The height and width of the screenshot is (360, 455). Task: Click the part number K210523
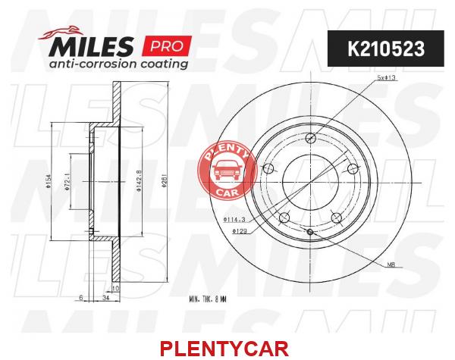386,49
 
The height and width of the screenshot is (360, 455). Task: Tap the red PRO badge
167,46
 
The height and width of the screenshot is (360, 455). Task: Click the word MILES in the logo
91,46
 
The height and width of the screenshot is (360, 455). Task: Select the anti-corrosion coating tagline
118,64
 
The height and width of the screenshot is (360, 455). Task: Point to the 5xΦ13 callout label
387,78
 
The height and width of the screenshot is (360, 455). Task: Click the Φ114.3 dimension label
234,220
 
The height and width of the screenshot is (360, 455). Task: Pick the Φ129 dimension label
240,231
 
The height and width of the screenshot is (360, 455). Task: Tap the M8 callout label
391,265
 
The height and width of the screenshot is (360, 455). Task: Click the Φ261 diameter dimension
165,182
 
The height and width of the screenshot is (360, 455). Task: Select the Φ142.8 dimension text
139,181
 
